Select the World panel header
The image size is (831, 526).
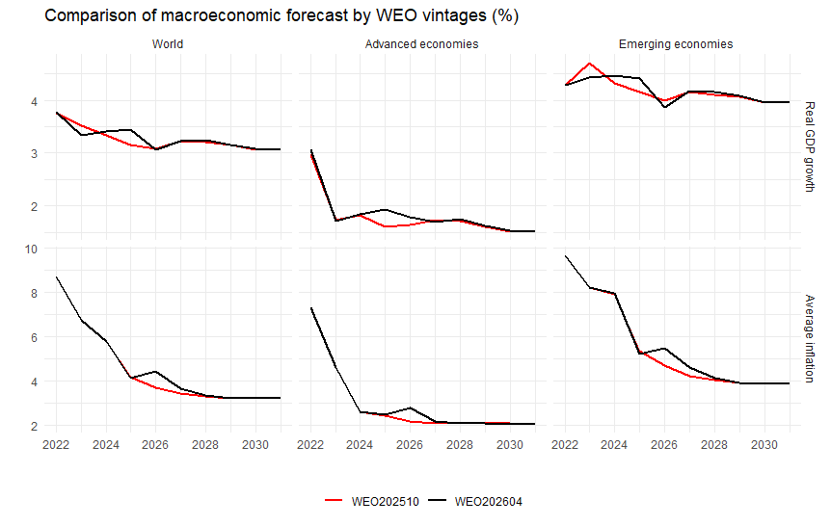(168, 44)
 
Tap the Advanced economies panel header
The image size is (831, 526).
(422, 44)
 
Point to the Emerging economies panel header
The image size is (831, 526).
(675, 44)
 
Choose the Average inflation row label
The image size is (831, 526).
(809, 338)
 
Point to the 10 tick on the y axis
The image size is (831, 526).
(30, 249)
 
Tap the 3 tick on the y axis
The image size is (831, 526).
(34, 153)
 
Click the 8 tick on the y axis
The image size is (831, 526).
(34, 293)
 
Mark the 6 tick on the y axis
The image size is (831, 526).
(34, 337)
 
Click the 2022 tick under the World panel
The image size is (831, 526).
(56, 445)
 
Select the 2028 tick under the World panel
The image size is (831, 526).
(205, 445)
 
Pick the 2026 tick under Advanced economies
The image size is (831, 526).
(410, 445)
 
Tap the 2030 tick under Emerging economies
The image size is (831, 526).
(764, 445)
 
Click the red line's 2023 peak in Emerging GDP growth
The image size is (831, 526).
(589, 63)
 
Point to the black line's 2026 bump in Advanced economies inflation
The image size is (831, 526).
(410, 408)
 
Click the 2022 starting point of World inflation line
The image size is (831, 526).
(56, 276)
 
